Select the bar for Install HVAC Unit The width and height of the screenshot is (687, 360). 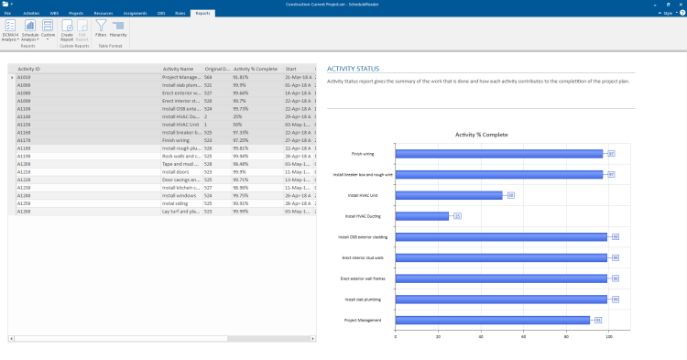click(449, 195)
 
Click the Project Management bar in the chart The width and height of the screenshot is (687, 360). click(493, 320)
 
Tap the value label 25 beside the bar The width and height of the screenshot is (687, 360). click(457, 216)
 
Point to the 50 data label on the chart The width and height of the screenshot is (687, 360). click(510, 195)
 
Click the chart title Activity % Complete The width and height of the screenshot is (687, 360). click(481, 135)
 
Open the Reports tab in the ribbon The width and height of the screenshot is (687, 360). click(202, 14)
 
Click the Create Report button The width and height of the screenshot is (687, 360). click(67, 32)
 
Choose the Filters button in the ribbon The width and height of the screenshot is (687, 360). click(101, 30)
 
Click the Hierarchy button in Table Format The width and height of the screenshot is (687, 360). click(118, 30)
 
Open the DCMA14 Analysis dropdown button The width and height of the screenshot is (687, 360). click(10, 32)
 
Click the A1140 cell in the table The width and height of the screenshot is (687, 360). click(25, 117)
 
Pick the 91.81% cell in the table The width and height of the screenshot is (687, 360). click(246, 77)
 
